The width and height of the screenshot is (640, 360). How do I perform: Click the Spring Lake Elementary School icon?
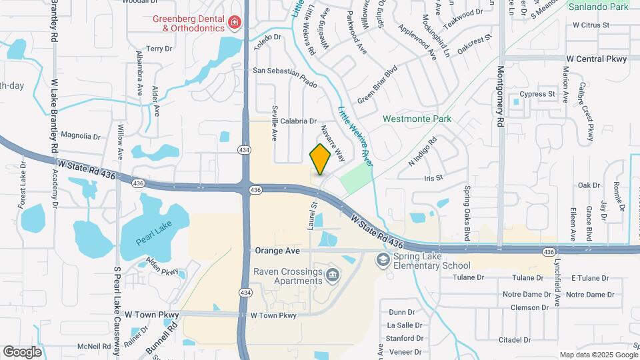point(383,259)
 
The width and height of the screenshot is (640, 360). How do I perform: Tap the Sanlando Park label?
point(599,7)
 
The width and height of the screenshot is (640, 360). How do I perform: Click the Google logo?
point(22,351)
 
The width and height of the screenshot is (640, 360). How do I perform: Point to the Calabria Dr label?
point(298,121)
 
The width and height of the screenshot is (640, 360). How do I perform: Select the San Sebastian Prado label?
point(284,70)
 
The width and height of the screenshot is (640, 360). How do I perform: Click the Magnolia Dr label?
point(79,137)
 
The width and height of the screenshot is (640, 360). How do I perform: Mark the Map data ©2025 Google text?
point(597,355)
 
